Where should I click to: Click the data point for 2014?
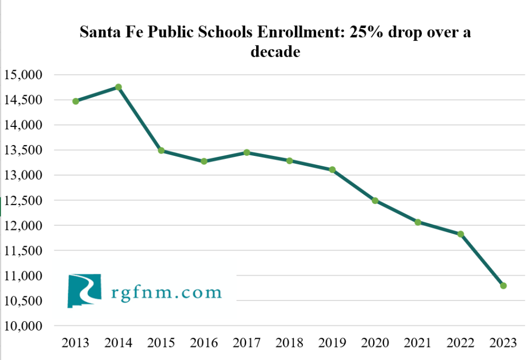tap(118, 87)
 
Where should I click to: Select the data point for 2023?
tap(503, 285)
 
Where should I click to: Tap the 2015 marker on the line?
tap(161, 151)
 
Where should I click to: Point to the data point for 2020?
tap(375, 200)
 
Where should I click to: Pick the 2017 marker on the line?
tap(247, 152)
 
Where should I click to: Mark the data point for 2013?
tap(76, 101)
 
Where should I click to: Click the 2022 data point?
tap(460, 234)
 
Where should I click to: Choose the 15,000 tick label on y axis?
tap(25, 75)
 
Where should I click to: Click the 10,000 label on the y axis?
tap(25, 326)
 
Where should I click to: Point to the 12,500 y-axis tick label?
tap(25, 201)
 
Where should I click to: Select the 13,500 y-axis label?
tap(25, 151)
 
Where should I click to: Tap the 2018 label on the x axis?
tap(289, 343)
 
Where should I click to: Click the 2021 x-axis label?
tap(418, 343)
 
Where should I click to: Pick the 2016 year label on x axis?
tap(204, 343)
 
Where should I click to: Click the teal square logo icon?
tap(83, 291)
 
